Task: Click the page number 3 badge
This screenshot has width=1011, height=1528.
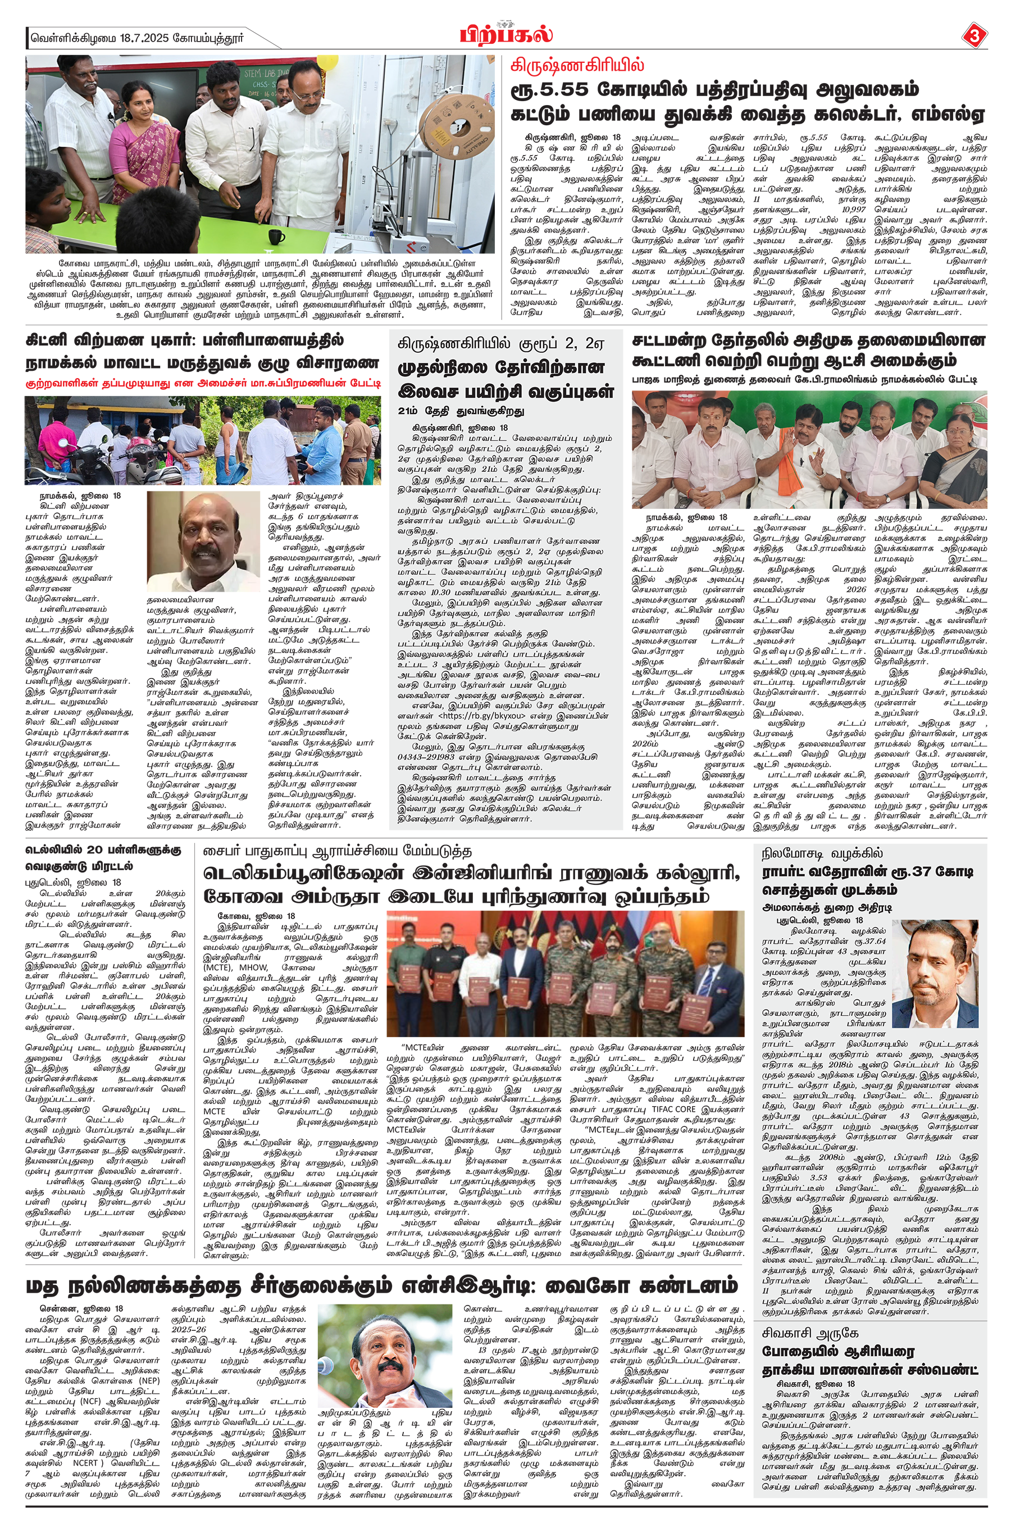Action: [973, 35]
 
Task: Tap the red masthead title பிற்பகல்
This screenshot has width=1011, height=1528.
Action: [506, 34]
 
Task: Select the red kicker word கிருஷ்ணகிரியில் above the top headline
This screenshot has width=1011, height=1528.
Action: [576, 65]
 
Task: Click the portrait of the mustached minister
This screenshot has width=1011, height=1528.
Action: [203, 542]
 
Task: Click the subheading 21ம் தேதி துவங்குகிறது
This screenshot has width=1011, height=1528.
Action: [461, 411]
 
